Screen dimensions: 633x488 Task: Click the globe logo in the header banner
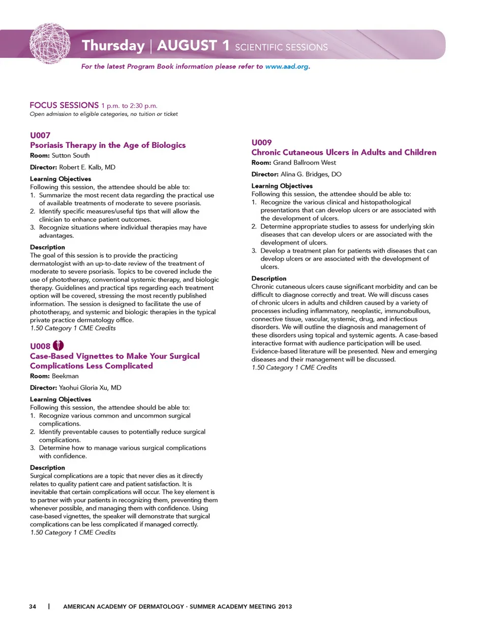(50, 43)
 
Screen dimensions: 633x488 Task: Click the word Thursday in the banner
(113, 46)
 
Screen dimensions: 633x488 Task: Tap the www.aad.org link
(287, 67)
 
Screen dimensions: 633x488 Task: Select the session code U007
(40, 135)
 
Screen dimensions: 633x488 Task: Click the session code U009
(262, 142)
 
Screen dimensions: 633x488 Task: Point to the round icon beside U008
(58, 346)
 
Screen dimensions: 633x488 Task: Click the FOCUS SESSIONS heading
(64, 105)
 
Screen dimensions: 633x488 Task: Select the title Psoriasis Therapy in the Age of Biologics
(108, 145)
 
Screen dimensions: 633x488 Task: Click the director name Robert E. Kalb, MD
(87, 167)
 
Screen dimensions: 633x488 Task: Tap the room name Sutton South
(71, 156)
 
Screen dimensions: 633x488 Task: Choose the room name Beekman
(65, 376)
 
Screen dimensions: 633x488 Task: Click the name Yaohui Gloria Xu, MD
(90, 387)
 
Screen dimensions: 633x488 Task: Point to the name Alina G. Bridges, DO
(311, 174)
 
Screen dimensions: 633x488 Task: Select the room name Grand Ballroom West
(304, 163)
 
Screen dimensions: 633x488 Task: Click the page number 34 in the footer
(33, 607)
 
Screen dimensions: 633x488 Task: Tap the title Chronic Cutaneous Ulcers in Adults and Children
(344, 153)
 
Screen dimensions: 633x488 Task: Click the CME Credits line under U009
(294, 368)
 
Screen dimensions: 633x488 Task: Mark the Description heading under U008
(47, 468)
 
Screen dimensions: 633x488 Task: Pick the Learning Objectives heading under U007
(60, 179)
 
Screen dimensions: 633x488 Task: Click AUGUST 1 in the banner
(193, 46)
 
